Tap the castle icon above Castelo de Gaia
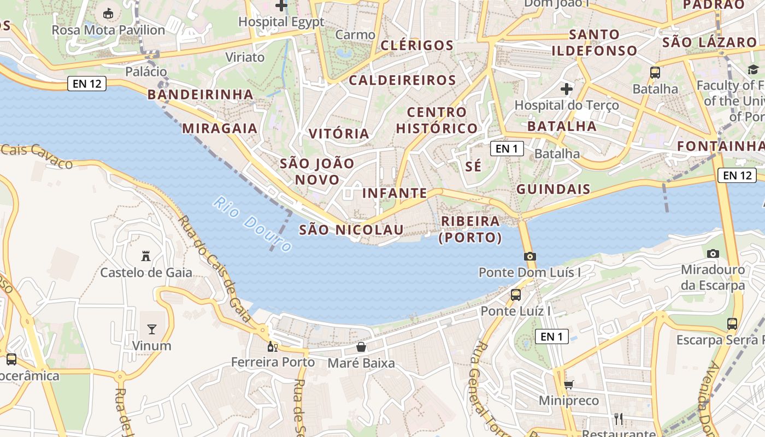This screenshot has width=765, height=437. tap(146, 256)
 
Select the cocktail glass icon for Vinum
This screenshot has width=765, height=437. tap(152, 329)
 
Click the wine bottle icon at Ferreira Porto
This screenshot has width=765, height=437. tap(272, 346)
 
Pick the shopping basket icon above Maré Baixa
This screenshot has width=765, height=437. tap(361, 347)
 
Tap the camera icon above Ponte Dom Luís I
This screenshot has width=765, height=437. tap(529, 256)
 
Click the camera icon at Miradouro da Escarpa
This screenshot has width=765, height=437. tap(713, 253)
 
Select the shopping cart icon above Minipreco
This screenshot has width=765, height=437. tap(569, 385)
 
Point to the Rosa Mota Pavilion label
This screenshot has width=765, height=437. tap(108, 30)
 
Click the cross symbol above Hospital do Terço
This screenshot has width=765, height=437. tap(567, 88)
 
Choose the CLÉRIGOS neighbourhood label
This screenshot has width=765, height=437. tap(417, 45)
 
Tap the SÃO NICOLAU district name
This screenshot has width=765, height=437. tap(351, 230)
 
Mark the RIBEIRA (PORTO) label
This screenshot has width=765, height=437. tap(470, 229)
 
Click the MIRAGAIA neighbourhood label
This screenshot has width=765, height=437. tap(220, 128)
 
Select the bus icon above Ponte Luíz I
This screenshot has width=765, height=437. tap(515, 295)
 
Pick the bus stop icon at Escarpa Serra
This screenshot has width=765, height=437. tap(732, 324)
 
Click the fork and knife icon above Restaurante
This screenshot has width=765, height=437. tap(619, 418)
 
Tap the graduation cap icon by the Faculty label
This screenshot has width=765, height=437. tap(753, 69)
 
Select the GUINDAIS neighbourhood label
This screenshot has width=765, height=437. tap(553, 190)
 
